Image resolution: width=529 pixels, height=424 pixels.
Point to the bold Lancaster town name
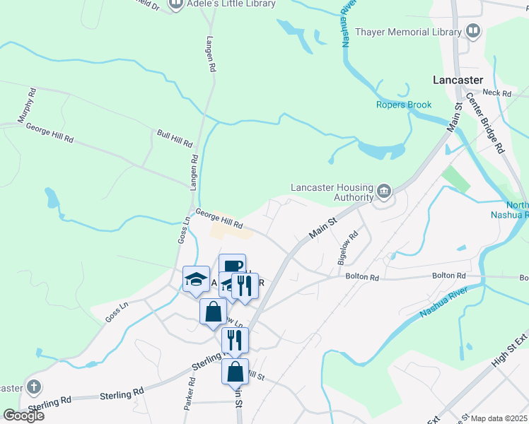(458, 80)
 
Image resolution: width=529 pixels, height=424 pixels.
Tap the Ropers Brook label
(403, 105)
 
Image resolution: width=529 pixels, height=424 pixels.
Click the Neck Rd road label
(496, 93)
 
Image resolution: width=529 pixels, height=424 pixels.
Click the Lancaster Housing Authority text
(332, 192)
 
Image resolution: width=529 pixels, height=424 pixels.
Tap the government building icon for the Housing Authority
(384, 189)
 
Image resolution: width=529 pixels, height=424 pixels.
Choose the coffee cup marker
(232, 265)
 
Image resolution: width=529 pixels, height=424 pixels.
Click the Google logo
(23, 416)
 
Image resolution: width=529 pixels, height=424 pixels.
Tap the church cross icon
(33, 387)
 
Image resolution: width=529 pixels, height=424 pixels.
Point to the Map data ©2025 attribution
(499, 418)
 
